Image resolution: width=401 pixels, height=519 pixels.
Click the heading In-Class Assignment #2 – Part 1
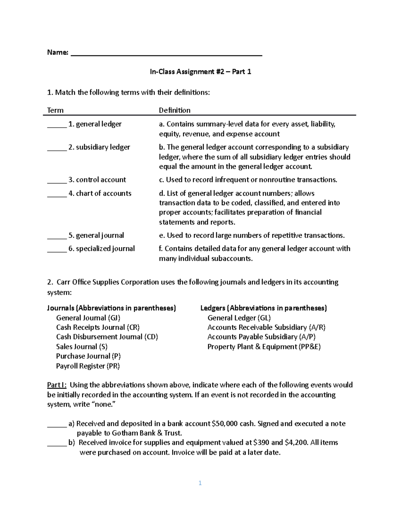pyautogui.click(x=200, y=72)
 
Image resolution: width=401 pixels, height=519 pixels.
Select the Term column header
pyautogui.click(x=55, y=110)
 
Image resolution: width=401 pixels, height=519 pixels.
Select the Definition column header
pyautogui.click(x=174, y=110)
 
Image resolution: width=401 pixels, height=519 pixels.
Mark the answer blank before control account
pyautogui.click(x=57, y=182)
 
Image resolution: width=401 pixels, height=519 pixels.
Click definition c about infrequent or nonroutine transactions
pyautogui.click(x=248, y=180)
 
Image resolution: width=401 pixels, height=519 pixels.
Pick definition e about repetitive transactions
pyautogui.click(x=252, y=235)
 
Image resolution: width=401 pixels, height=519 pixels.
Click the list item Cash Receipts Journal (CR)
pyautogui.click(x=98, y=327)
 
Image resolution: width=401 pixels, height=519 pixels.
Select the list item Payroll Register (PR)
pyautogui.click(x=88, y=366)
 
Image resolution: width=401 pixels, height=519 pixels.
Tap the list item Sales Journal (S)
pyautogui.click(x=82, y=347)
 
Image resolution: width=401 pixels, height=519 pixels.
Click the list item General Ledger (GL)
pyautogui.click(x=239, y=318)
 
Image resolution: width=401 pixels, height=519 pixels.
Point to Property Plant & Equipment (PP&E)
pyautogui.click(x=264, y=347)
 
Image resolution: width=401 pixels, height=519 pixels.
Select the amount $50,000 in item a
pyautogui.click(x=225, y=423)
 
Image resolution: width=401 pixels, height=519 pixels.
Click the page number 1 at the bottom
pyautogui.click(x=200, y=483)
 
